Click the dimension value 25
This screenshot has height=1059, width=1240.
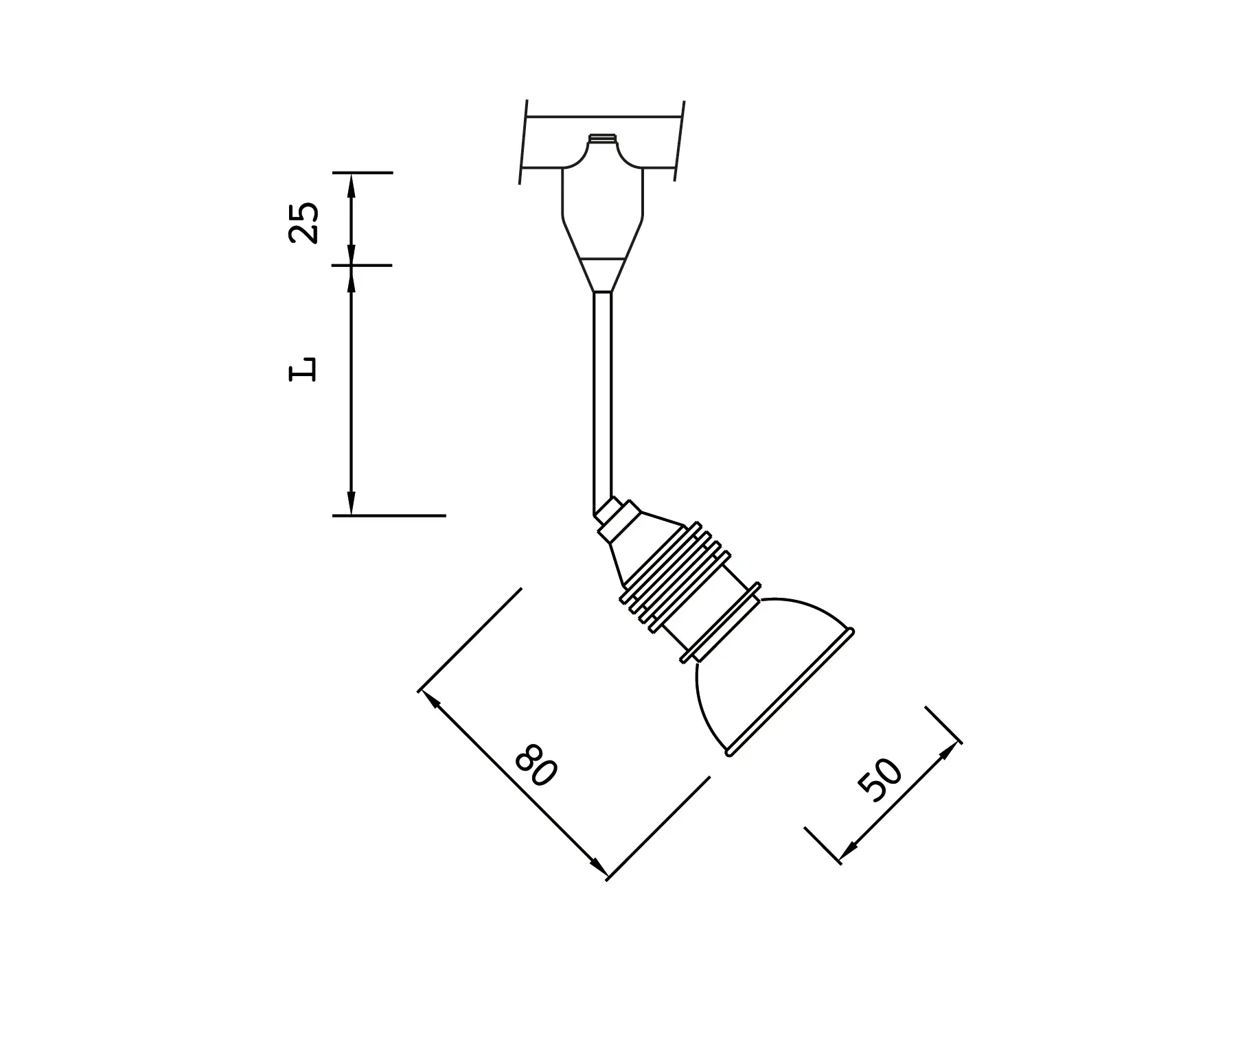pos(303,222)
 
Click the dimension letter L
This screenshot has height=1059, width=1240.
pos(303,369)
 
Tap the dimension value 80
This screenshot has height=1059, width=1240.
pos(535,765)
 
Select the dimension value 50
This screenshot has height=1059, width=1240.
pos(881,780)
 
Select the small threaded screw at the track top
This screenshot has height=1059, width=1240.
pos(602,138)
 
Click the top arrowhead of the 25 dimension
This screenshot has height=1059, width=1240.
pos(351,181)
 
